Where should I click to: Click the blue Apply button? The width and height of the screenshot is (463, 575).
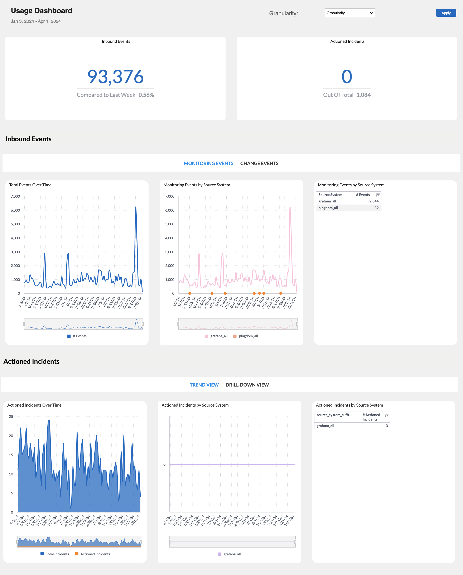pyautogui.click(x=446, y=13)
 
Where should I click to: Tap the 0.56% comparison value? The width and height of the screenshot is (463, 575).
pyautogui.click(x=146, y=95)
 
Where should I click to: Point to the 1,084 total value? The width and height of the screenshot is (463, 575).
pyautogui.click(x=363, y=95)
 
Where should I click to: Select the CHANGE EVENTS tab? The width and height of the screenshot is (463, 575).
pyautogui.click(x=259, y=163)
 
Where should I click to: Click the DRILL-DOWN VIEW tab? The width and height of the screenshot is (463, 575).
pyautogui.click(x=247, y=385)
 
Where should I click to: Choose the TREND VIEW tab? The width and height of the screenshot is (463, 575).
pyautogui.click(x=204, y=385)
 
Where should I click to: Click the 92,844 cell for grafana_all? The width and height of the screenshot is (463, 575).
pyautogui.click(x=373, y=201)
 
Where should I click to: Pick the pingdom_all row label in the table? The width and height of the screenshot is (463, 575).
pyautogui.click(x=328, y=208)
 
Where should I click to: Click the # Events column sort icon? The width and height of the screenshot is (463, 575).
pyautogui.click(x=378, y=195)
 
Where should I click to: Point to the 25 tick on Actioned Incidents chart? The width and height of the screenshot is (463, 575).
pyautogui.click(x=11, y=417)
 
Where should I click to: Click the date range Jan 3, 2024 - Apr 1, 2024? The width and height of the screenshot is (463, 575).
pyautogui.click(x=36, y=21)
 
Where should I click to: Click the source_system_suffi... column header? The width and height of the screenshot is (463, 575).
pyautogui.click(x=334, y=415)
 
